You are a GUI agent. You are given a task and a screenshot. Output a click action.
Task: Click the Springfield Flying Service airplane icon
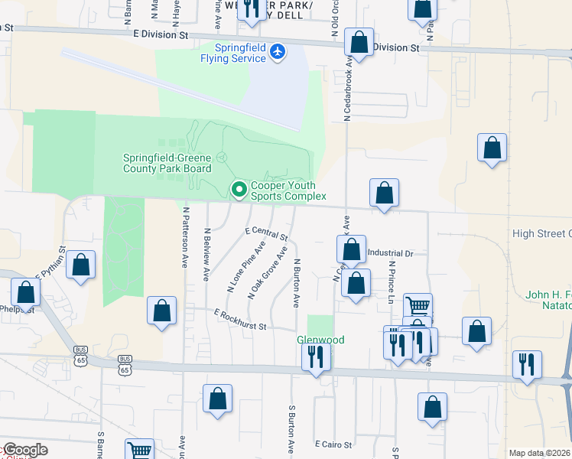pyautogui.click(x=278, y=52)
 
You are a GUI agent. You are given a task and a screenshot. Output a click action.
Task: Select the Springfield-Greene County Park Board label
pyautogui.click(x=167, y=163)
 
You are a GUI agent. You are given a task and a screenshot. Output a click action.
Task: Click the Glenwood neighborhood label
pyautogui.click(x=320, y=340)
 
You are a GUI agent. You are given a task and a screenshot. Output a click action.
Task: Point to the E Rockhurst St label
pyautogui.click(x=239, y=320)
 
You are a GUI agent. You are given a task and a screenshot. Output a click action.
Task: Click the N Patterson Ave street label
pyautogui.click(x=184, y=239)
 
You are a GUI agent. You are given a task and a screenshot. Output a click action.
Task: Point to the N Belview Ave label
pyautogui.click(x=206, y=254)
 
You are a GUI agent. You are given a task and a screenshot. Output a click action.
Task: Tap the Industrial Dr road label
pyautogui.click(x=390, y=253)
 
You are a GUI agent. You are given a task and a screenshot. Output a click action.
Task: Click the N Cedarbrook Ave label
pyautogui.click(x=346, y=92)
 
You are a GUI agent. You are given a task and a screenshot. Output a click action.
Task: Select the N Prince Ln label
pyautogui.click(x=391, y=281)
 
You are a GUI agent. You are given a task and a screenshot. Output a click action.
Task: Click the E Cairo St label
pyautogui.click(x=333, y=444)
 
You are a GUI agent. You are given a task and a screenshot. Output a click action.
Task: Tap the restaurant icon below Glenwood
pyautogui.click(x=315, y=356)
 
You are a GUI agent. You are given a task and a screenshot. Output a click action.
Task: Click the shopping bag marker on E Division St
pyautogui.click(x=359, y=43)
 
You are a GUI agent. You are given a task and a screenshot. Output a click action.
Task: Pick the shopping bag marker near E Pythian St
pyautogui.click(x=81, y=265)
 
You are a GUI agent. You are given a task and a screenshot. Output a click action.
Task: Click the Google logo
pyautogui.click(x=24, y=450)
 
